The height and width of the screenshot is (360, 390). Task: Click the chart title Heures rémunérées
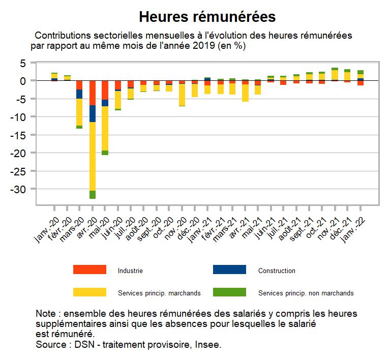[x=207, y=17]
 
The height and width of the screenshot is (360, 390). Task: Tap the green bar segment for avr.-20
[x=93, y=194]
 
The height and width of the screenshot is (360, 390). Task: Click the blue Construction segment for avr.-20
[x=93, y=113]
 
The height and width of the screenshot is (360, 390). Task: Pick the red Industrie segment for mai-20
[x=105, y=90]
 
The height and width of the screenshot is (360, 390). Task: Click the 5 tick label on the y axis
[x=23, y=63]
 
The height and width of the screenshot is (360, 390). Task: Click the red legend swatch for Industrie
[x=89, y=269]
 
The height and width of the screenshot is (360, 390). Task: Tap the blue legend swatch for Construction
[x=229, y=269]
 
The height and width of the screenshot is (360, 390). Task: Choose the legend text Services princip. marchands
[x=159, y=293]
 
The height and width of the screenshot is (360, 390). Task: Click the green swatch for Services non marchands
[x=229, y=292]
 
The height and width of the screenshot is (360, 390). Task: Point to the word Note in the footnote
[x=47, y=313]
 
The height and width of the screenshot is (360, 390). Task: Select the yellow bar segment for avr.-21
[x=246, y=93]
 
